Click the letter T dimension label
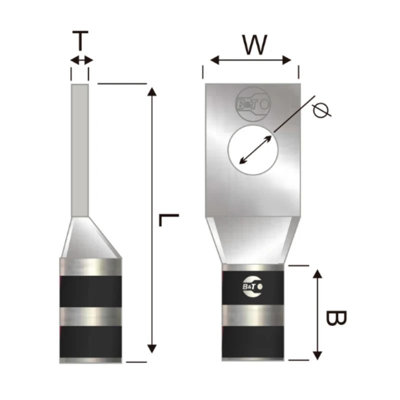coord(80,40)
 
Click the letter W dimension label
coord(254,45)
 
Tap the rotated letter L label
coord(169,220)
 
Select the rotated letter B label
coord(336,318)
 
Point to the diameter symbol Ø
coord(321,110)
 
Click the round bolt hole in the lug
coord(253,150)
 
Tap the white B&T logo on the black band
coord(252,286)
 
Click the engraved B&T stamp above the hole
coord(253,104)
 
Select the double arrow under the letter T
coord(81,60)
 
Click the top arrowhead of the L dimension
coord(152,91)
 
